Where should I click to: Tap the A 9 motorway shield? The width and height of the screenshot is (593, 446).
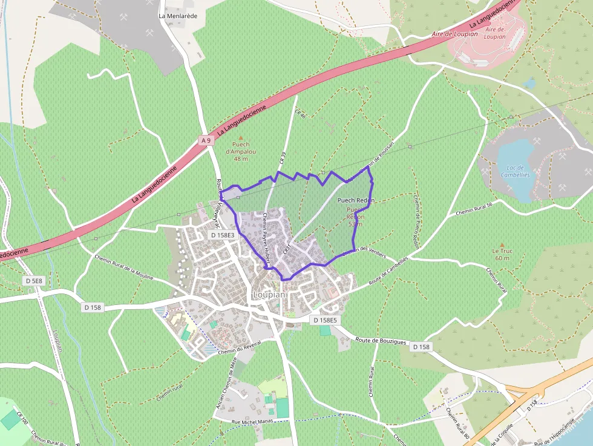tap(206, 140)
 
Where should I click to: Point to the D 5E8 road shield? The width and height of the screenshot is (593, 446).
tap(34, 281)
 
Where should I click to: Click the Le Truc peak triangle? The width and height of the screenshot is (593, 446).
tap(501, 244)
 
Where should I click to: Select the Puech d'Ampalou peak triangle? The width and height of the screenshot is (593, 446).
tap(241, 138)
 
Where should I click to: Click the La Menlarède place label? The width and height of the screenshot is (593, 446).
tap(178, 16)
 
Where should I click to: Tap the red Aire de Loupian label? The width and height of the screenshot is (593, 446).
tap(455, 34)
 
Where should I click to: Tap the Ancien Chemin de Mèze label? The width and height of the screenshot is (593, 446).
tap(227, 382)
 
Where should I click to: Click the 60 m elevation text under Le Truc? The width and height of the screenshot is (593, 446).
tap(501, 258)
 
